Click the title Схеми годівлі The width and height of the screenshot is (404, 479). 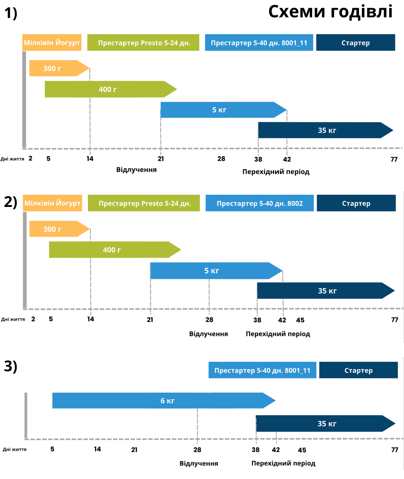pos(330,12)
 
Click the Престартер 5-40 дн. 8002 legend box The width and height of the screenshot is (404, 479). pos(259,203)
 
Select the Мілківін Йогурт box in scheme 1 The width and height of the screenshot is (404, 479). pos(52,43)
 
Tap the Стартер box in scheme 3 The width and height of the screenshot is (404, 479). pos(358,370)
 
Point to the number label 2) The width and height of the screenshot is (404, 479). pos(11,202)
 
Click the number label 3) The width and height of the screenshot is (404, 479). pos(11,366)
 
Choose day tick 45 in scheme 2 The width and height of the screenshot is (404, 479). pos(300,320)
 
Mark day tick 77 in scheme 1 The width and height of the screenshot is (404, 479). pos(394,159)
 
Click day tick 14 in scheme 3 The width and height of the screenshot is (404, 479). pos(97,449)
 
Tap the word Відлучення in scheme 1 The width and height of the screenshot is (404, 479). pos(136,170)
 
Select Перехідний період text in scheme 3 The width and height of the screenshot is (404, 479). pos(283,463)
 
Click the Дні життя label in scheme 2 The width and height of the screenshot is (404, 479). pos(13,319)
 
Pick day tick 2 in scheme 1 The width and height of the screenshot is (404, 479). pos(31,158)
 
